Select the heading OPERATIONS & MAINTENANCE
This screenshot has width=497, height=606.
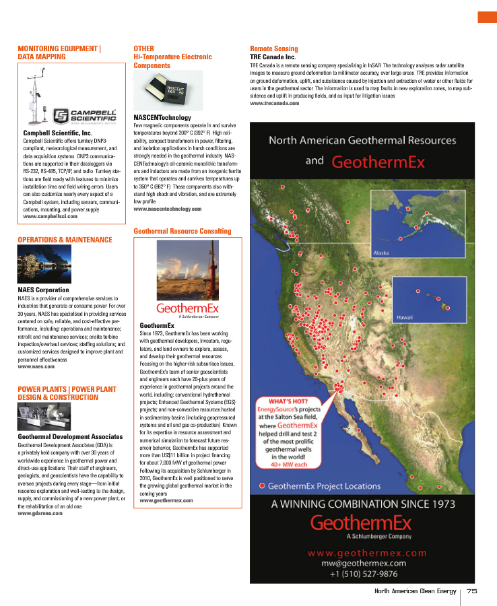tap(65, 240)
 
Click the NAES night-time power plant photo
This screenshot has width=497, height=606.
tap(42, 265)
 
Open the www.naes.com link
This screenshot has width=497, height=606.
tap(36, 367)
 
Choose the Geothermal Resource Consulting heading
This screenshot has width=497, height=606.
tap(182, 231)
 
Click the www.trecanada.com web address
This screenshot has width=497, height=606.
tap(274, 103)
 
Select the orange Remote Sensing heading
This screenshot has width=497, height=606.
tap(273, 49)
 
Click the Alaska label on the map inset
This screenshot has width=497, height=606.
tap(382, 253)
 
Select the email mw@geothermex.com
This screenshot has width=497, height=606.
tap(367, 563)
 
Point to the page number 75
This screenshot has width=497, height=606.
tap(471, 591)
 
